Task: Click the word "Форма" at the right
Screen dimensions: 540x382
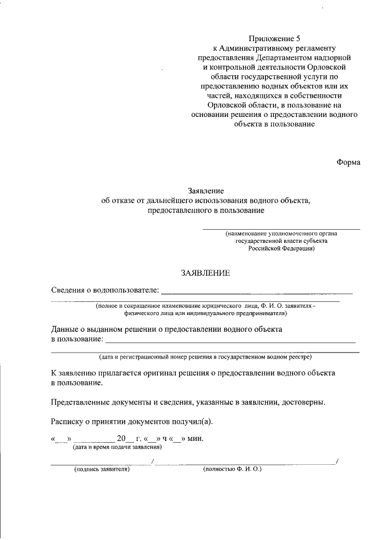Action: coord(348,162)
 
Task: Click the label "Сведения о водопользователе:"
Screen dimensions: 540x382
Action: coord(105,291)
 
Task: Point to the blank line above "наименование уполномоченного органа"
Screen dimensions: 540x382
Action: coord(281,229)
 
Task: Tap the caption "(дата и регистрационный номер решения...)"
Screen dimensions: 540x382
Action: coord(205,357)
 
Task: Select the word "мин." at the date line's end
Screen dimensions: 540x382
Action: coord(195,439)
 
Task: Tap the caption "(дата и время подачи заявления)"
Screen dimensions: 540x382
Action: coord(117,447)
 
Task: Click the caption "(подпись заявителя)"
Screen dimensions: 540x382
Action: coord(102,470)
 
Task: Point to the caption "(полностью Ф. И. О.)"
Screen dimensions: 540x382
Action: coord(232,470)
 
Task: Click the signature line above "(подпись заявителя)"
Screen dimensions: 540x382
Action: coord(101,463)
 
